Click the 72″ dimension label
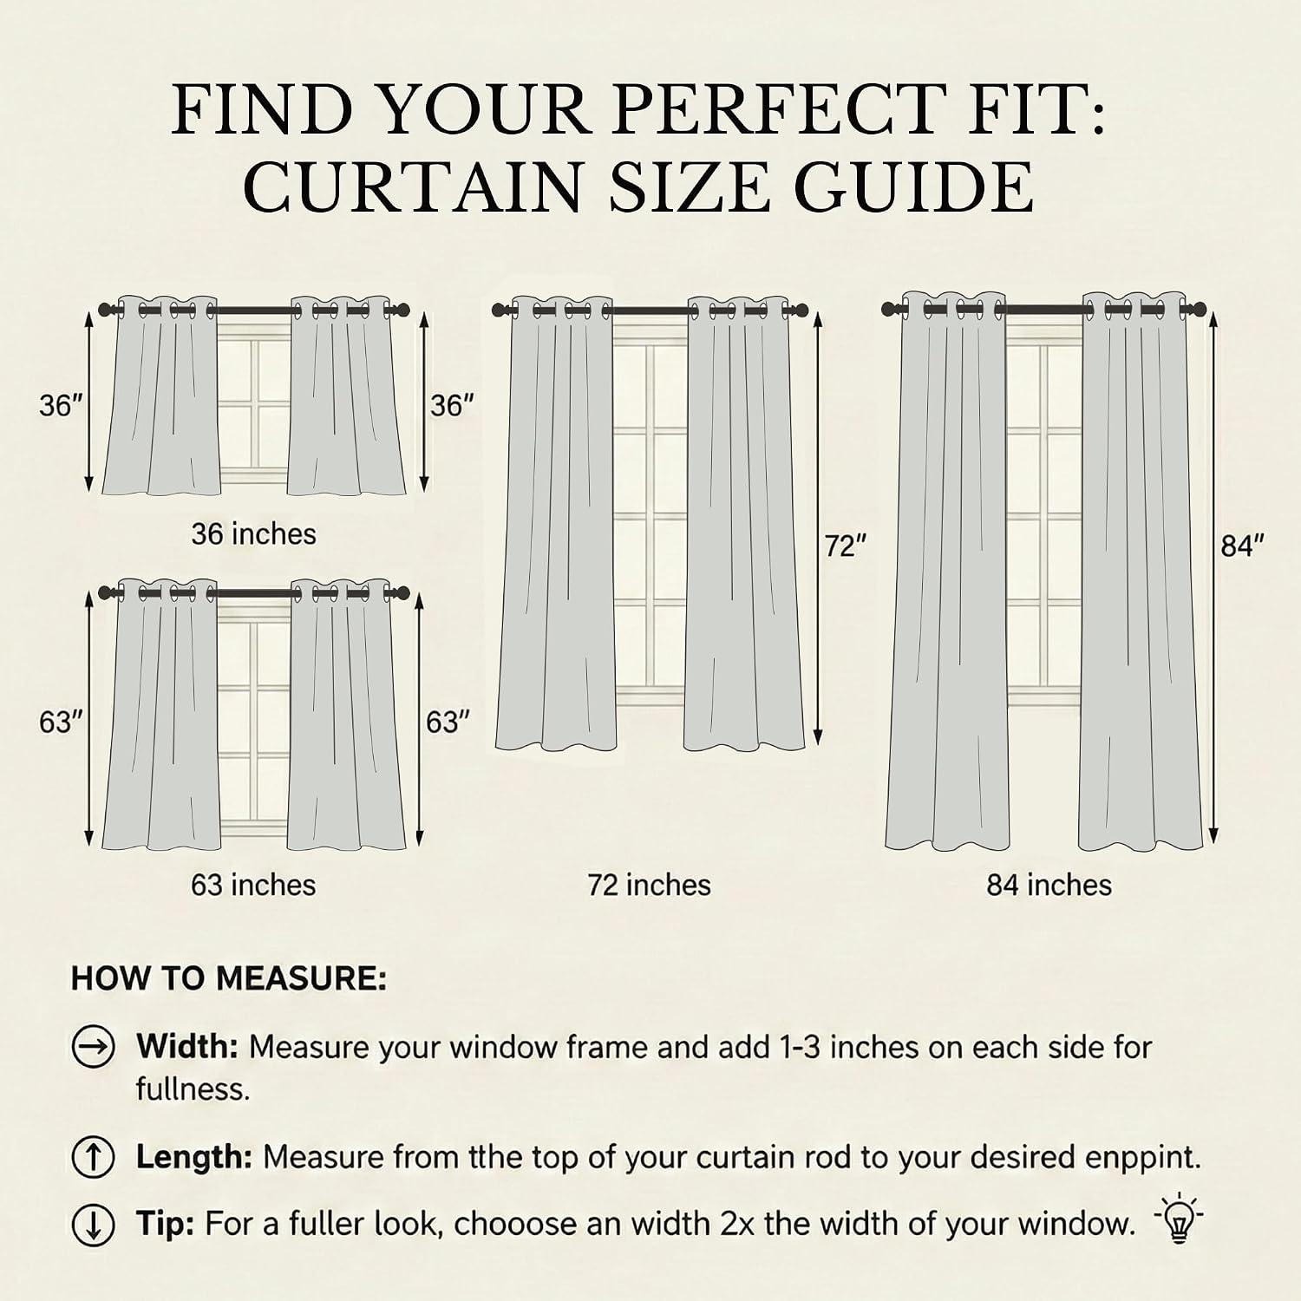click(x=846, y=547)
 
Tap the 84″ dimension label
click(x=1242, y=546)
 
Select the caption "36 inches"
click(x=254, y=533)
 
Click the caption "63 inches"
click(x=253, y=885)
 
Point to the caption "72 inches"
click(x=649, y=885)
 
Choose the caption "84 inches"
click(x=1049, y=885)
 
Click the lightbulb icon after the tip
click(x=1179, y=1220)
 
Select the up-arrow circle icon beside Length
click(x=93, y=1158)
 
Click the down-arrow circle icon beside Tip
click(x=93, y=1224)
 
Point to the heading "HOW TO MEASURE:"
click(x=229, y=978)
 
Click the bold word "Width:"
click(x=187, y=1047)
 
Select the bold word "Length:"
click(x=194, y=1158)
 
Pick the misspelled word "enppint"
click(x=1147, y=1159)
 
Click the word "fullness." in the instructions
click(x=193, y=1089)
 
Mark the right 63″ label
click(x=448, y=722)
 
